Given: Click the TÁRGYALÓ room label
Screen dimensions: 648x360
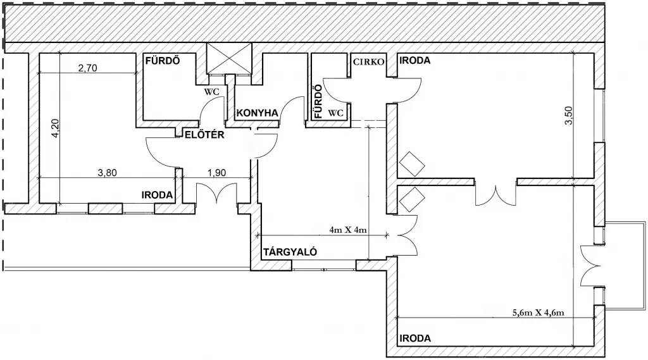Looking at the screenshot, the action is click(x=290, y=252).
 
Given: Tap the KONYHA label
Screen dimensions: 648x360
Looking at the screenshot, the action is click(x=257, y=113).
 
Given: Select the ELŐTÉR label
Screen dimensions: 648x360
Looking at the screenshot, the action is click(x=204, y=135).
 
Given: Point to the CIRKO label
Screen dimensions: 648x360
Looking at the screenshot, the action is click(x=369, y=62).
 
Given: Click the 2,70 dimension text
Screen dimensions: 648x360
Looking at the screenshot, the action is click(x=87, y=68).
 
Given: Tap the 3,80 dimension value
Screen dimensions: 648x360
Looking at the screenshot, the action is click(x=107, y=172).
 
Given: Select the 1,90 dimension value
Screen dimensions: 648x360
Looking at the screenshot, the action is click(x=216, y=172).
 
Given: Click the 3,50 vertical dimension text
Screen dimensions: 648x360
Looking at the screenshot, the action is click(x=569, y=116).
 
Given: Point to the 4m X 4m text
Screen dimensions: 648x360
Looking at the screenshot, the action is click(x=348, y=230).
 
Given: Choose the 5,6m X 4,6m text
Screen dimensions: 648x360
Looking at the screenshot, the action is click(x=538, y=313).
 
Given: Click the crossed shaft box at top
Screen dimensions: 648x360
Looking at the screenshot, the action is click(x=229, y=58).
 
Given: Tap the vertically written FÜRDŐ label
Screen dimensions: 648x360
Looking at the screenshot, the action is click(x=318, y=101).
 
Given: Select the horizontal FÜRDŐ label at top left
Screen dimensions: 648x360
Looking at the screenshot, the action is click(x=163, y=61).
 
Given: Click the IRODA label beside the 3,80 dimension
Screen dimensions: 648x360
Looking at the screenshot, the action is click(x=157, y=195).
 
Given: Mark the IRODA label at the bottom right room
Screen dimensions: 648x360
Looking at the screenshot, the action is click(x=415, y=338).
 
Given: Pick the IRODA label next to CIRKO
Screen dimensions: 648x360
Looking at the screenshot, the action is click(x=415, y=60).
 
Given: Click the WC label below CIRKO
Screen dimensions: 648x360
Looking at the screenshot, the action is click(x=335, y=113).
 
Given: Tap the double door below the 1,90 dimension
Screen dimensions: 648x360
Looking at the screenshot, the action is click(x=216, y=194).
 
